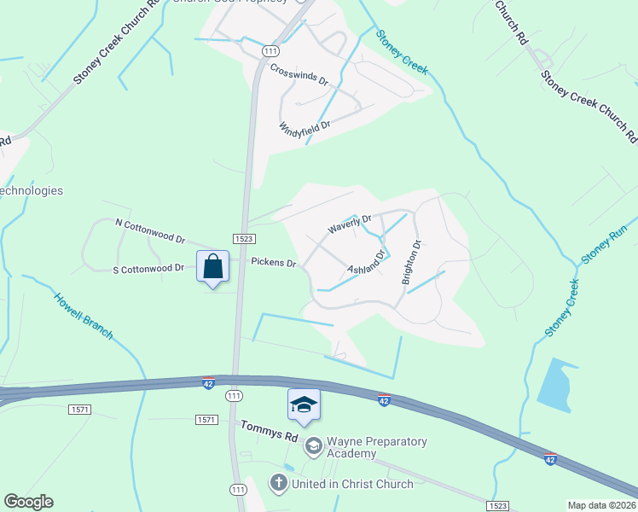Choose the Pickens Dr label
point(273,262)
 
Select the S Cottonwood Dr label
point(148,268)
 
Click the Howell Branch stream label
point(84,317)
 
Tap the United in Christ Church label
point(352,484)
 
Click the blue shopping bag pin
point(212,266)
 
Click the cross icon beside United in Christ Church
point(278,484)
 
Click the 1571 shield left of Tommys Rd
point(206,419)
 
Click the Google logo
point(28,502)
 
